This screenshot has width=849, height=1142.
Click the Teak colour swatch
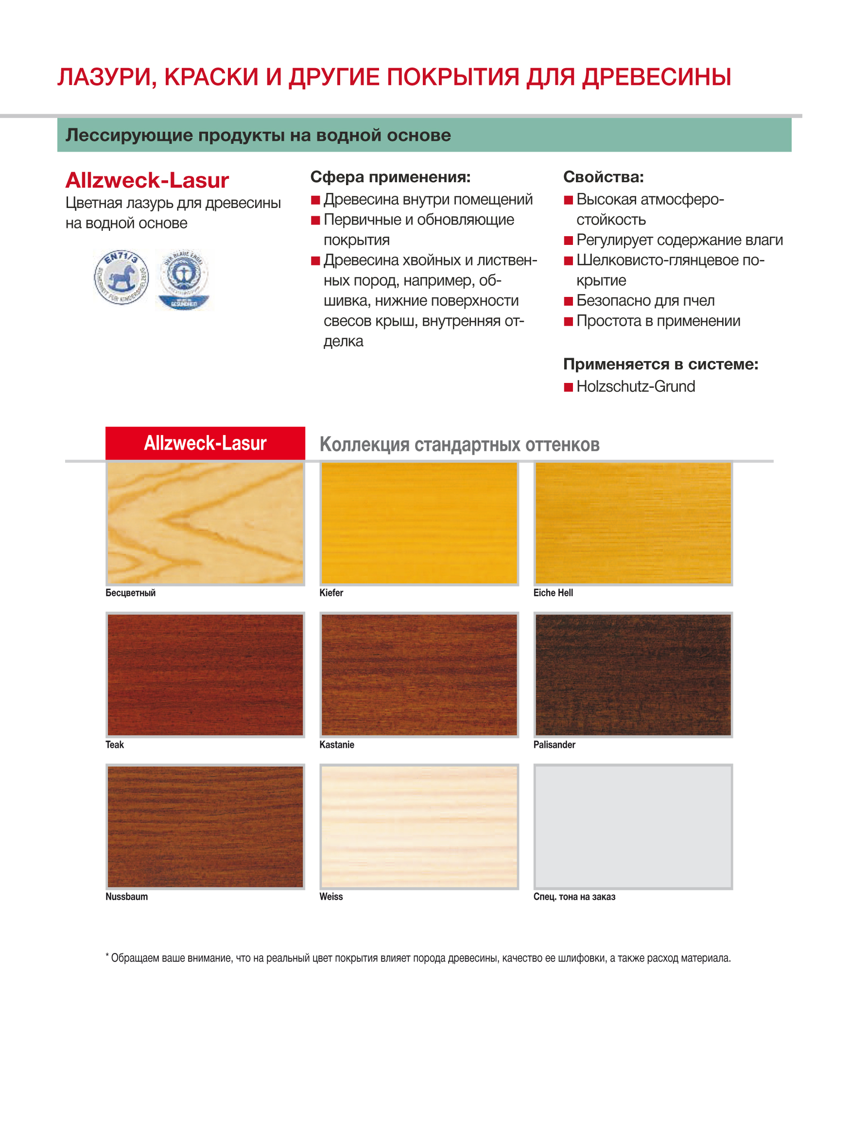(205, 675)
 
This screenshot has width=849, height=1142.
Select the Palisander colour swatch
(633, 675)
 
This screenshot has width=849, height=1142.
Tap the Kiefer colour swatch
(419, 523)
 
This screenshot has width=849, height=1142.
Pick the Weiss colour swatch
(419, 827)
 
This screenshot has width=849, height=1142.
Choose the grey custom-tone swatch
(633, 827)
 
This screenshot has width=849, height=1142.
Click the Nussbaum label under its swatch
(126, 896)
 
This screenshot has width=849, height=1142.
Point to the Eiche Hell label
(553, 592)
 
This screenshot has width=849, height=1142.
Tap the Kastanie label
(337, 744)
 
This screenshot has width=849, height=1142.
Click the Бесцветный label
(131, 592)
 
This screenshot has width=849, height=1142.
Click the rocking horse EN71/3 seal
(121, 277)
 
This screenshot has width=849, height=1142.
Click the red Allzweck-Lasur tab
(205, 443)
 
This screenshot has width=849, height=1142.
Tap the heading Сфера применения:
(390, 177)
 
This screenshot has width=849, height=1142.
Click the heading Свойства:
(604, 177)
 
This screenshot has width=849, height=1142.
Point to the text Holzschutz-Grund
(636, 386)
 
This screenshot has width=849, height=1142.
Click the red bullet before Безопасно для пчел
(569, 301)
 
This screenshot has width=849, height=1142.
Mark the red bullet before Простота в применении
(569, 322)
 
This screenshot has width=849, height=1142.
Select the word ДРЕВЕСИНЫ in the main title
(656, 77)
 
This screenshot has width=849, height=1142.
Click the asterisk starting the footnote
(107, 955)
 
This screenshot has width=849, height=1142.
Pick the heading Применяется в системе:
(660, 364)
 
